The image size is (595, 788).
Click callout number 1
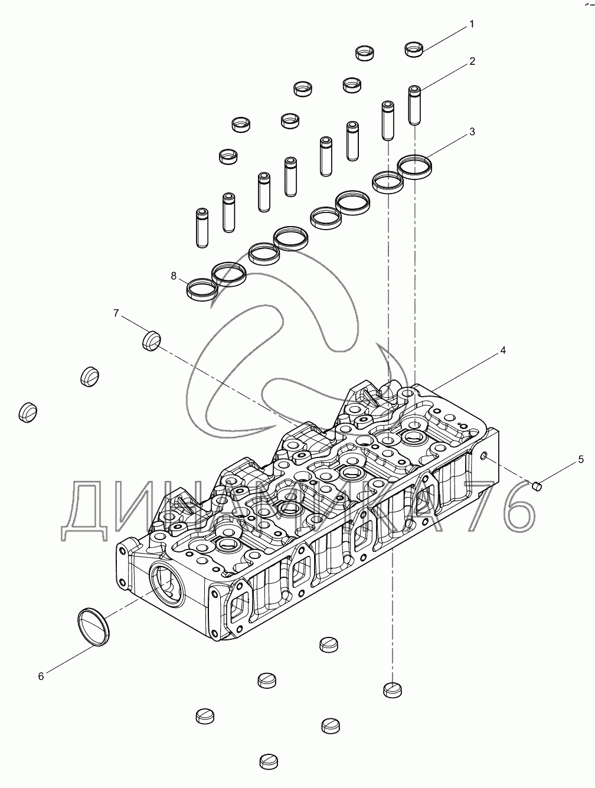pos(472,24)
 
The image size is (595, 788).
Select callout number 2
pos(472,61)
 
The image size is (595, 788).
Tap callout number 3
pos(472,132)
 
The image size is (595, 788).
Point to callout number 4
pos(503,351)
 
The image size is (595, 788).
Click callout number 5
pos(580,459)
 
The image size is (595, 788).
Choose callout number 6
pos(41,676)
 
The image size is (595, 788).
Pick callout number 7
pos(116,312)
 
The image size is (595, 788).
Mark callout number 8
pos(174,276)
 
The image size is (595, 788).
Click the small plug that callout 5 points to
pos(537,486)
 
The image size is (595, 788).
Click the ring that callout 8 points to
pos(201,289)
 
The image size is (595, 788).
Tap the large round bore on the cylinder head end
pos(166,584)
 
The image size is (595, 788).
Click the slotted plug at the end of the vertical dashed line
pos(393,689)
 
